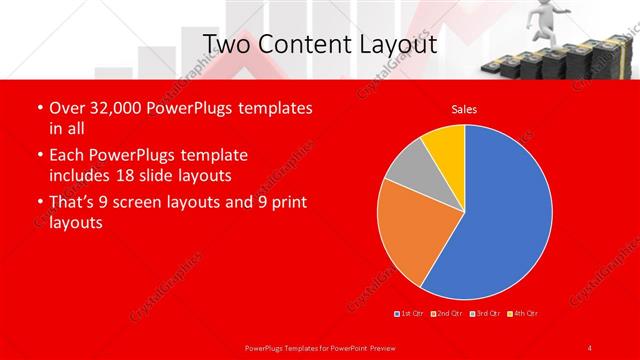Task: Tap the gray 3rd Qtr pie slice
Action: [404, 175]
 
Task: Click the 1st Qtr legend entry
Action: [410, 314]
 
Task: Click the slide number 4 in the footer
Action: [590, 347]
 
